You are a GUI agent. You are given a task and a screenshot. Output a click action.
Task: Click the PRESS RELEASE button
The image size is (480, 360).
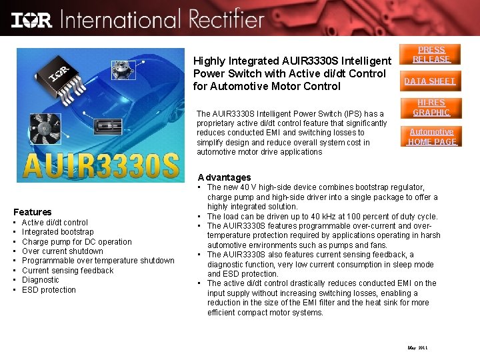(x=431, y=54)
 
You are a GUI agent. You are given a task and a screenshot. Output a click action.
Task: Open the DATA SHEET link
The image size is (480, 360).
(x=429, y=81)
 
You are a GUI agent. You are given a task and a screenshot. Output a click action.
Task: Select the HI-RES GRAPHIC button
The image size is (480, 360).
(x=432, y=107)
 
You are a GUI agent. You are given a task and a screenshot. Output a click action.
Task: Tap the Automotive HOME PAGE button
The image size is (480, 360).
(x=431, y=137)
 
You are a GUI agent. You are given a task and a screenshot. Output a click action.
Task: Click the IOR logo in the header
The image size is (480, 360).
(x=32, y=19)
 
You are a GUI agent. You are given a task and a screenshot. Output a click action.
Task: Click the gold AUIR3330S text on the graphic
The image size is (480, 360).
(x=101, y=167)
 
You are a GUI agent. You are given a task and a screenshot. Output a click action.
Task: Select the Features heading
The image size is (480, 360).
(x=32, y=212)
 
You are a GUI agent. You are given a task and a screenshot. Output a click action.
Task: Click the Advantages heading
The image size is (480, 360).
(x=225, y=177)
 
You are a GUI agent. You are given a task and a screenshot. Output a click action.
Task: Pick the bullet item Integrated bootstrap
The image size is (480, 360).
(x=58, y=232)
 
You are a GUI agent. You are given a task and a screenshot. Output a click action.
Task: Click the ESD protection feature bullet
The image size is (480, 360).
(x=49, y=290)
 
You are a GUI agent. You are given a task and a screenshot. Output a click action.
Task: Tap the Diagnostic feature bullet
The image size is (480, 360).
(x=40, y=280)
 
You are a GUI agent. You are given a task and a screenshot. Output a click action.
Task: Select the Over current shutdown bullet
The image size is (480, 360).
(x=63, y=251)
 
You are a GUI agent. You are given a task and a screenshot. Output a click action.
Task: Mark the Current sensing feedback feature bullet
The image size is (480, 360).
(x=67, y=271)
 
